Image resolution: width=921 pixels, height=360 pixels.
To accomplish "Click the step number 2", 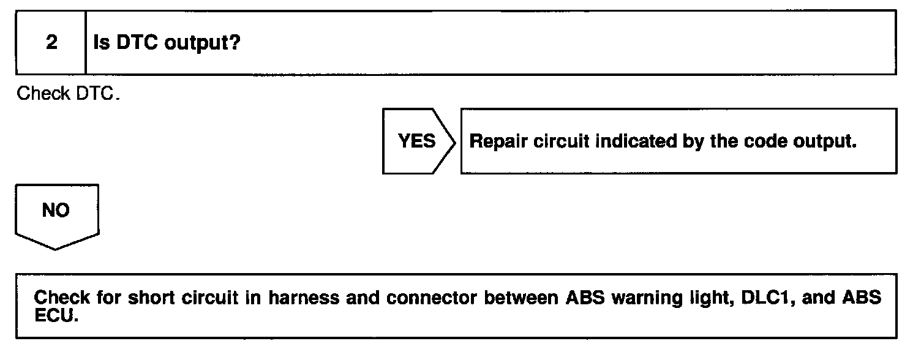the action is pyautogui.click(x=51, y=43).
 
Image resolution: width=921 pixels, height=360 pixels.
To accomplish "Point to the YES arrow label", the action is pyautogui.click(x=417, y=141).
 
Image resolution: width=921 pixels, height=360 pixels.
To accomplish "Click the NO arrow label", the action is pyautogui.click(x=56, y=211).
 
